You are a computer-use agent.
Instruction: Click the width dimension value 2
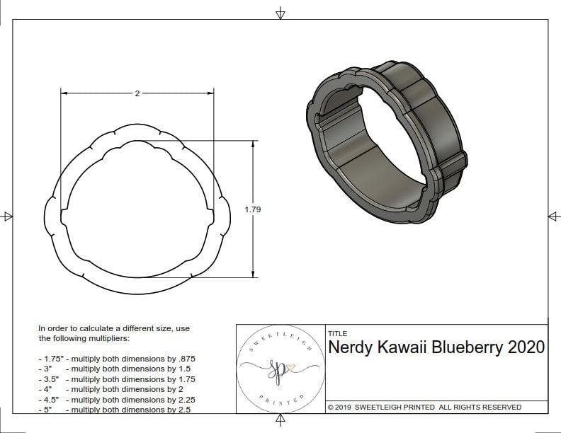(x=137, y=93)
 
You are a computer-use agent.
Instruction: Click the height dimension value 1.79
(x=253, y=209)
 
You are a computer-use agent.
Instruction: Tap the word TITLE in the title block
(x=337, y=333)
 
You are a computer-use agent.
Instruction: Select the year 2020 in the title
(x=527, y=347)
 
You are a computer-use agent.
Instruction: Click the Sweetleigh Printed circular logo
(x=280, y=369)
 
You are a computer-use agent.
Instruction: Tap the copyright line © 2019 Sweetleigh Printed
(x=424, y=407)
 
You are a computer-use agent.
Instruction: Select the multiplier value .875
(x=185, y=359)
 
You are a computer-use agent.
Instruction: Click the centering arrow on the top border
(x=280, y=13)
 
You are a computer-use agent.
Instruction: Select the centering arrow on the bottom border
(x=280, y=421)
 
